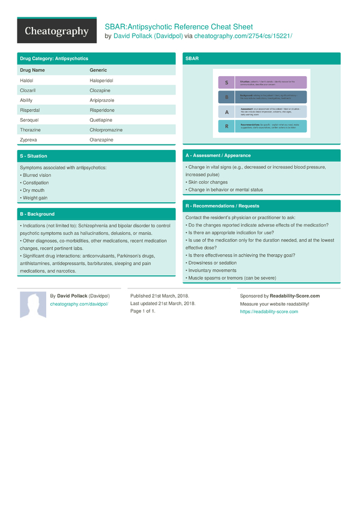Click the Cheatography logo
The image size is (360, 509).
tap(56, 31)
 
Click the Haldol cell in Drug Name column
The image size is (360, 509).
tap(27, 80)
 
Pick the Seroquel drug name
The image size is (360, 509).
tap(31, 120)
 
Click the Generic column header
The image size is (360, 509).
tap(98, 70)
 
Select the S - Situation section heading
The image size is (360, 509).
tap(33, 156)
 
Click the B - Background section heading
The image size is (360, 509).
tap(37, 214)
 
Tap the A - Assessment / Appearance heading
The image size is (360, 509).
tap(218, 155)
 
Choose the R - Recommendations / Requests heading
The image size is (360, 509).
tap(222, 206)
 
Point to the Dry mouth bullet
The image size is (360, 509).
tap(33, 190)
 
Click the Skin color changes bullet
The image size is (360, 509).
tap(207, 182)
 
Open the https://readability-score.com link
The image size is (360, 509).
tap(269, 312)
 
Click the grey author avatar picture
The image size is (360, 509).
tap(33, 305)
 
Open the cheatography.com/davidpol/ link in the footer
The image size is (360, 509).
tap(79, 304)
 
